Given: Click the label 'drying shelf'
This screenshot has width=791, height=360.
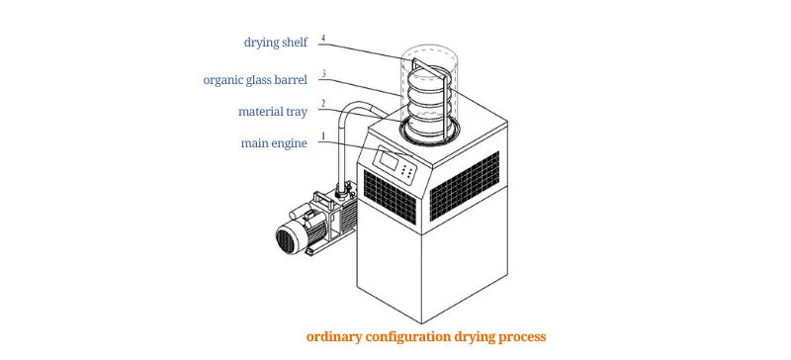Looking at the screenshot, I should [x=276, y=42].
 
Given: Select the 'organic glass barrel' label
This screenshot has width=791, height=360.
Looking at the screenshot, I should [x=255, y=80].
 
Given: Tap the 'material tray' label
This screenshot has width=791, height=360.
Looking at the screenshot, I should [x=274, y=111].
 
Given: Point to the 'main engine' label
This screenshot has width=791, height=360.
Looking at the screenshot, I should [x=274, y=143].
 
